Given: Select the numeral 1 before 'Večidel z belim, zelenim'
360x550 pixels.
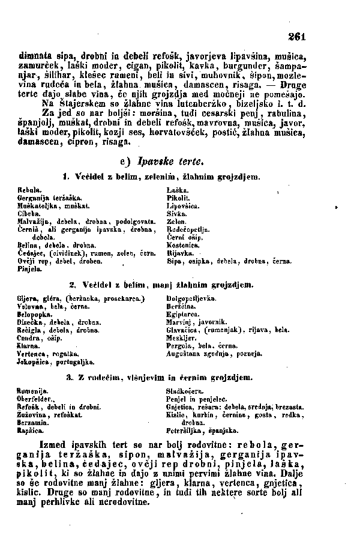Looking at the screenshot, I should coord(64,176).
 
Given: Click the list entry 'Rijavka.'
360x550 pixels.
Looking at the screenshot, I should coord(178,255).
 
